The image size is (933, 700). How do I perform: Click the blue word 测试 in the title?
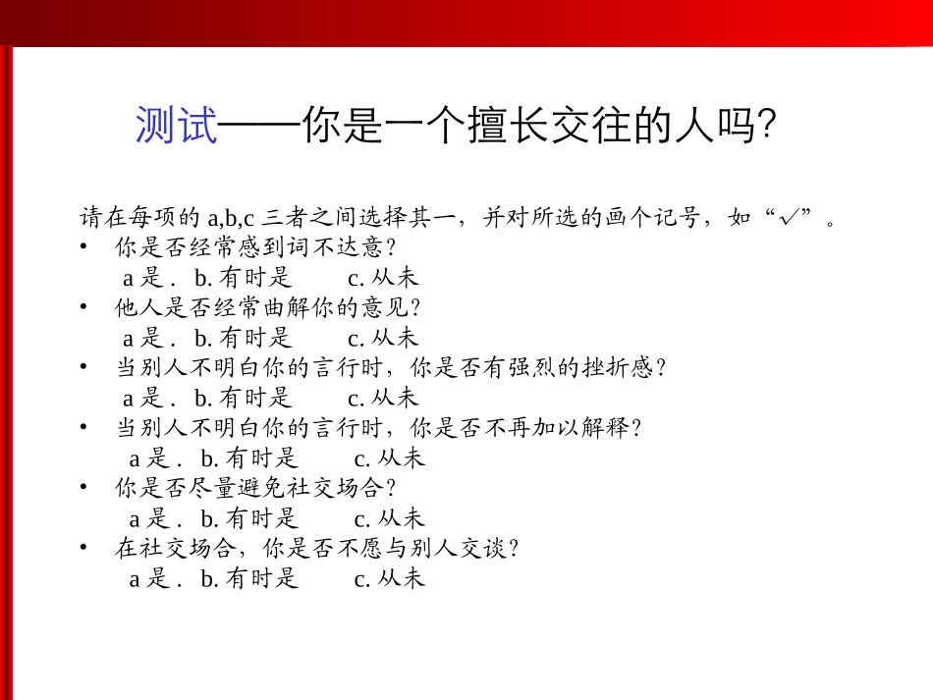(177, 127)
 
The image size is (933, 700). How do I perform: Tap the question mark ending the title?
(768, 127)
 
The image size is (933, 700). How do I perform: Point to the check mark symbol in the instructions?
(787, 217)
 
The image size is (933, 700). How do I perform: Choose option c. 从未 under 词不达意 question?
(383, 278)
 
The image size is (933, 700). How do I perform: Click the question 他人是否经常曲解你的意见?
(268, 307)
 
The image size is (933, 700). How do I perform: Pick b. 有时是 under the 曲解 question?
(244, 338)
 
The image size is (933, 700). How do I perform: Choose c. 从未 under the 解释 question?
(390, 458)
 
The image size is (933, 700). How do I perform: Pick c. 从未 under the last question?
(390, 578)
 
